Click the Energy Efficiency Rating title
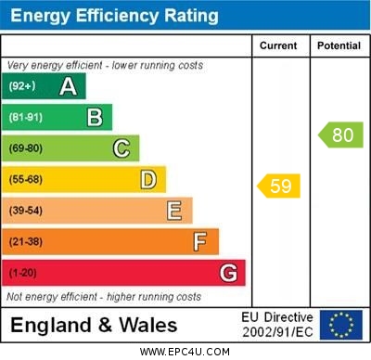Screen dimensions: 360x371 pyautogui.click(x=114, y=16)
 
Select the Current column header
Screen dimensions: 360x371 pyautogui.click(x=278, y=45)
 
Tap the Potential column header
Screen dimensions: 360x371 pyautogui.click(x=339, y=45)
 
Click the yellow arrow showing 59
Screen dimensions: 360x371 pyautogui.click(x=279, y=186)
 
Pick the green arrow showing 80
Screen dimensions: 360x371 pyautogui.click(x=340, y=135)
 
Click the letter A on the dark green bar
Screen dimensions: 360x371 pyautogui.click(x=68, y=86)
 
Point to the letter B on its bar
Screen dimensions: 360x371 pyautogui.click(x=95, y=117)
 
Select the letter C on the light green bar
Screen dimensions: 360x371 pyautogui.click(x=122, y=148)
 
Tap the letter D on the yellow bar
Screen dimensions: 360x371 pyautogui.click(x=148, y=179)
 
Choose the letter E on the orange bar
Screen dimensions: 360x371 pyautogui.click(x=174, y=211)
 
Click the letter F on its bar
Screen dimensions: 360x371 pyautogui.click(x=200, y=242)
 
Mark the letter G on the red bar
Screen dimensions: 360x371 pyautogui.click(x=228, y=273)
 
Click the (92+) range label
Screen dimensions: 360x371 pyautogui.click(x=22, y=86)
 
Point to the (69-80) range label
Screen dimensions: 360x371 pyautogui.click(x=26, y=148)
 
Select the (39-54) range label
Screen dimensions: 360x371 pyautogui.click(x=26, y=211)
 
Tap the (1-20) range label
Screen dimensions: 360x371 pyautogui.click(x=23, y=273)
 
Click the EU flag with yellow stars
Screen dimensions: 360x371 pyautogui.click(x=341, y=325)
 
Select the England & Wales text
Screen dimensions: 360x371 pyautogui.click(x=94, y=325)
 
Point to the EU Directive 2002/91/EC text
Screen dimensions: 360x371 pyautogui.click(x=277, y=325)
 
